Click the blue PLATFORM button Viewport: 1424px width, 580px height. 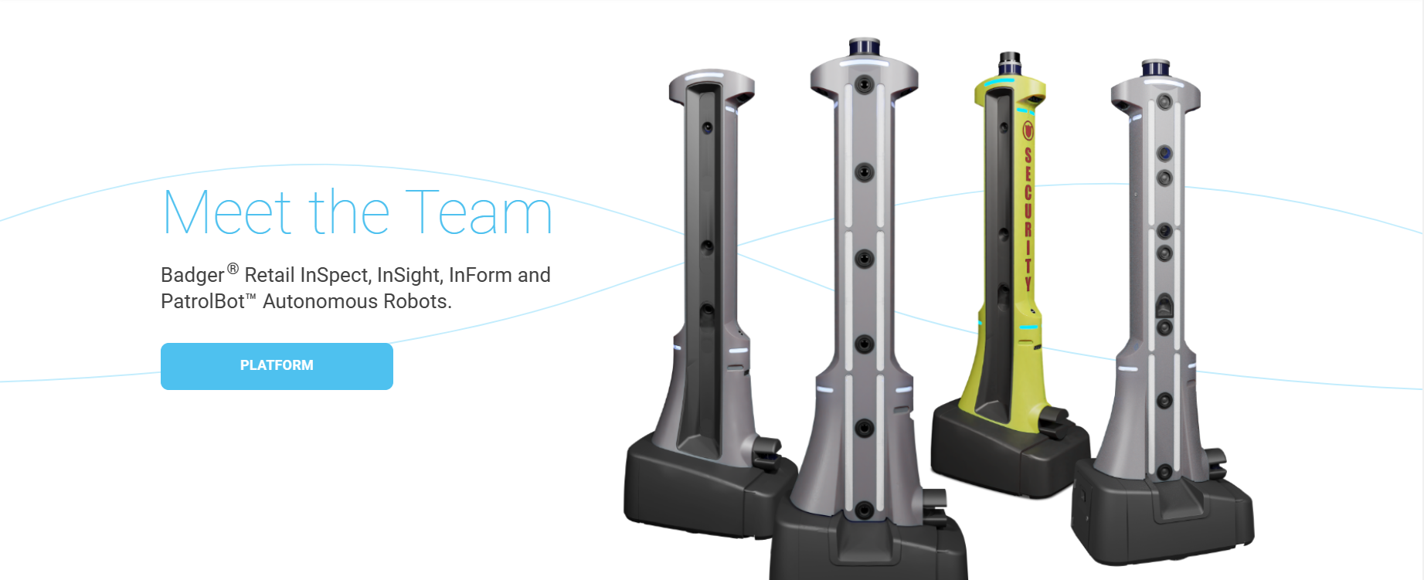pos(277,366)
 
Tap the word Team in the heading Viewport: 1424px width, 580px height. pos(479,212)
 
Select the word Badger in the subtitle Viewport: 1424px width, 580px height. pos(192,276)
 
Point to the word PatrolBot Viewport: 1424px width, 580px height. pos(202,301)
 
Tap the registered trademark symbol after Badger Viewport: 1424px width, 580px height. pos(233,269)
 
